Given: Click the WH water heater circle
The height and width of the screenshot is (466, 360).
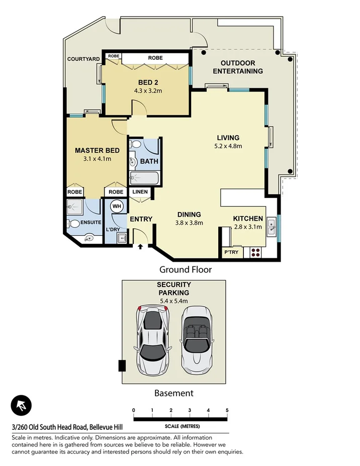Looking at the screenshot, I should [116, 206].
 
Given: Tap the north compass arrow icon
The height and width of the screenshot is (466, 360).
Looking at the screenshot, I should [21, 405].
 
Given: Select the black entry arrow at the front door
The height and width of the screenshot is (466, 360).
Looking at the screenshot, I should [140, 246].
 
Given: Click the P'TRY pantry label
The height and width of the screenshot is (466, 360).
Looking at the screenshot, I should [231, 252].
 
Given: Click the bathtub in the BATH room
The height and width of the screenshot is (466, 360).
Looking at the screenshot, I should [144, 177].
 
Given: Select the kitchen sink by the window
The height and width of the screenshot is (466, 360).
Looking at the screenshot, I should [271, 226].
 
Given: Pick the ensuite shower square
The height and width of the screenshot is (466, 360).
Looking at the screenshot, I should [75, 206].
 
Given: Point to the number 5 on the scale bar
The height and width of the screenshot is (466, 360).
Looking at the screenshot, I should [227, 411].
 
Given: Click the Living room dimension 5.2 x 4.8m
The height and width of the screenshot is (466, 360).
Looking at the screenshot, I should [229, 146].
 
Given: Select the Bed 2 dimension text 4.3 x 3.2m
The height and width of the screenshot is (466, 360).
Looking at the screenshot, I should [148, 91].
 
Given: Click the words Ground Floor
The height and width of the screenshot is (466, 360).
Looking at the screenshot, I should [186, 269].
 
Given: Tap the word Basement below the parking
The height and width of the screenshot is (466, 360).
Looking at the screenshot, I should [173, 393].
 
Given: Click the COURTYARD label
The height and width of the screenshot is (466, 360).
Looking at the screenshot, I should [83, 59].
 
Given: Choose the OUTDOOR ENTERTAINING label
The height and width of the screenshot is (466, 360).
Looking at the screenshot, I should [237, 67].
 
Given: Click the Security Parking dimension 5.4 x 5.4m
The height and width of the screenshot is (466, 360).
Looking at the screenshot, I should [173, 301].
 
